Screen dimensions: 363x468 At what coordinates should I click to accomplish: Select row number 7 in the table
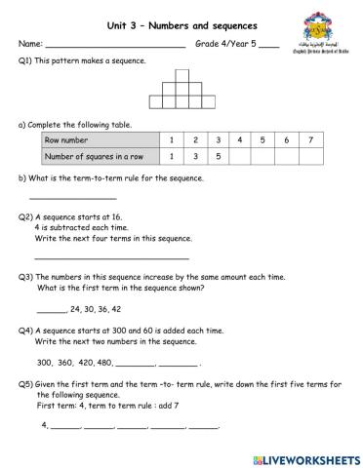pyautogui.click(x=309, y=140)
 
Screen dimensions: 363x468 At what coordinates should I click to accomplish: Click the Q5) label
pyautogui.click(x=26, y=383)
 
